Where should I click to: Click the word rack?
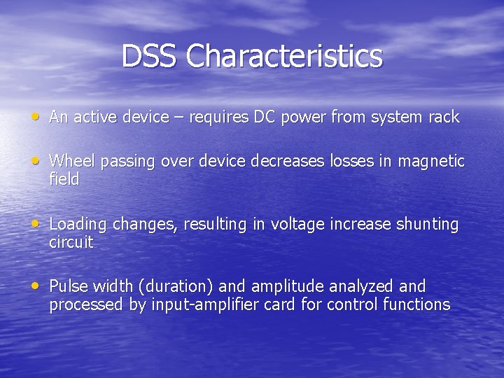click(444, 117)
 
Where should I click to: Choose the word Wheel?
click(73, 161)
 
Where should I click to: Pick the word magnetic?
click(431, 161)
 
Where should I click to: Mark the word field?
click(64, 179)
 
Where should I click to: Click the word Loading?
click(78, 225)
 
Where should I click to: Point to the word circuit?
click(71, 243)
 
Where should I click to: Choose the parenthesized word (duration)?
click(178, 286)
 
